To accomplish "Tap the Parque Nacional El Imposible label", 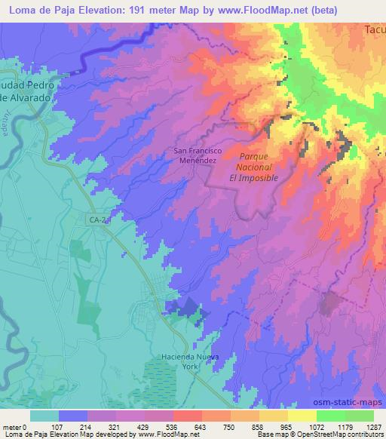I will (x=253, y=166).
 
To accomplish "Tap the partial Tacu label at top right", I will (x=374, y=30).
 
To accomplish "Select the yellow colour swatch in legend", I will (x=302, y=416).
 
